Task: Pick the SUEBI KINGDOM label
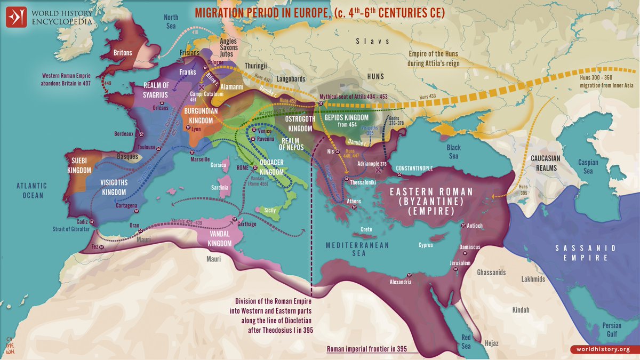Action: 79,165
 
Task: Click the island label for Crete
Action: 366,229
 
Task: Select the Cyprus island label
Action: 426,246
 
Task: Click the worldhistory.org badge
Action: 600,349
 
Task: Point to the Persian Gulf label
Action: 611,329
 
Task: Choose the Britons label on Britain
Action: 126,53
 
